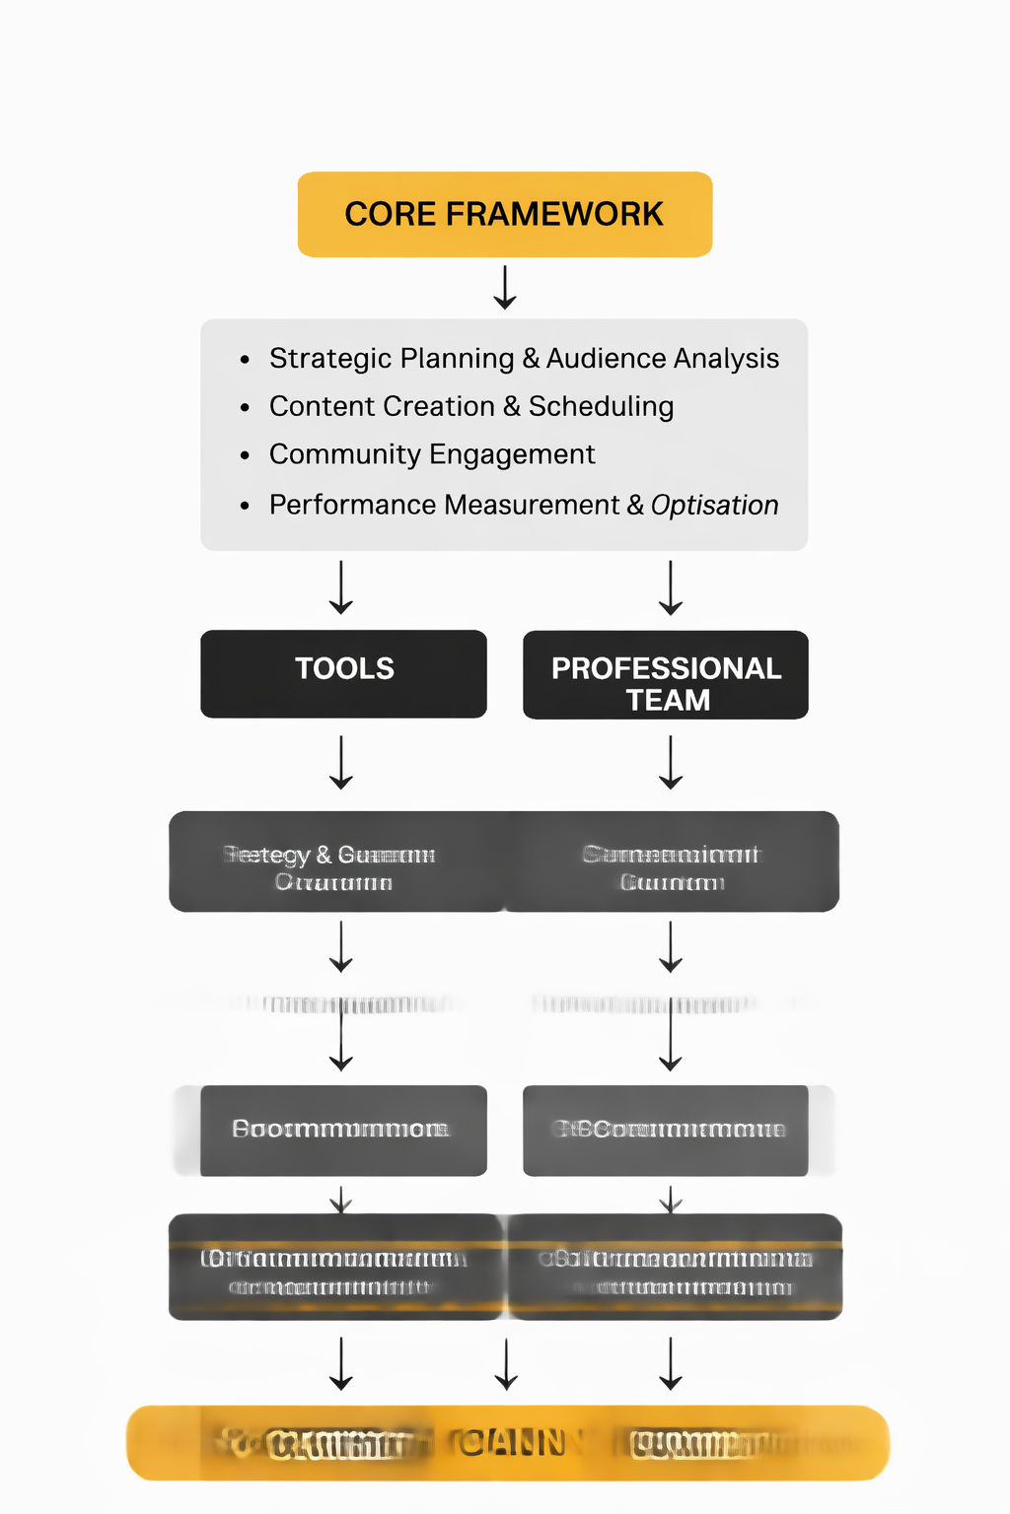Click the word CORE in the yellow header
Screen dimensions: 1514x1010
pos(390,214)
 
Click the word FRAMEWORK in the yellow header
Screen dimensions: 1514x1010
pos(554,214)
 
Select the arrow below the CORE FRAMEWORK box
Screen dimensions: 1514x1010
pos(505,287)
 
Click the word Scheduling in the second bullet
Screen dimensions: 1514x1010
pos(601,406)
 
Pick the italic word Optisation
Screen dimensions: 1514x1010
pos(714,505)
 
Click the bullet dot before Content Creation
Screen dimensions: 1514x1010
pos(245,408)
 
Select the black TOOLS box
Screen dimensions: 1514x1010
pos(343,674)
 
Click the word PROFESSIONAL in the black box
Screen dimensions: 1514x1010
pos(666,668)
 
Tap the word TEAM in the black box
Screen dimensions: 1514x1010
pos(668,700)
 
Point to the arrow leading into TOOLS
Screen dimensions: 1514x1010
pos(341,587)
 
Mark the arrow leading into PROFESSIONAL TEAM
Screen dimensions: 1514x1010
pos(671,587)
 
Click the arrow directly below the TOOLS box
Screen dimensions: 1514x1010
pos(341,762)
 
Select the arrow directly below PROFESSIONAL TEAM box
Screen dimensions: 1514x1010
pos(671,762)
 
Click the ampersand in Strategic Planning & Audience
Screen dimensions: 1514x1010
pos(531,358)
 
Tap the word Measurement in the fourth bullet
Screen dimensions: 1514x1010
pos(532,505)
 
